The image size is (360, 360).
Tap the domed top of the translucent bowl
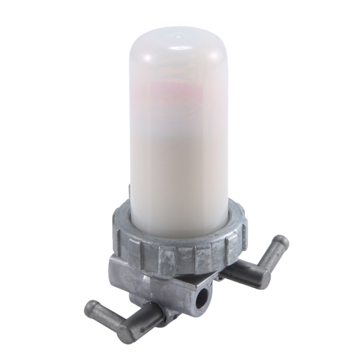178,42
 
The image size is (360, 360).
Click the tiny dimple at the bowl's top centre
178,36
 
